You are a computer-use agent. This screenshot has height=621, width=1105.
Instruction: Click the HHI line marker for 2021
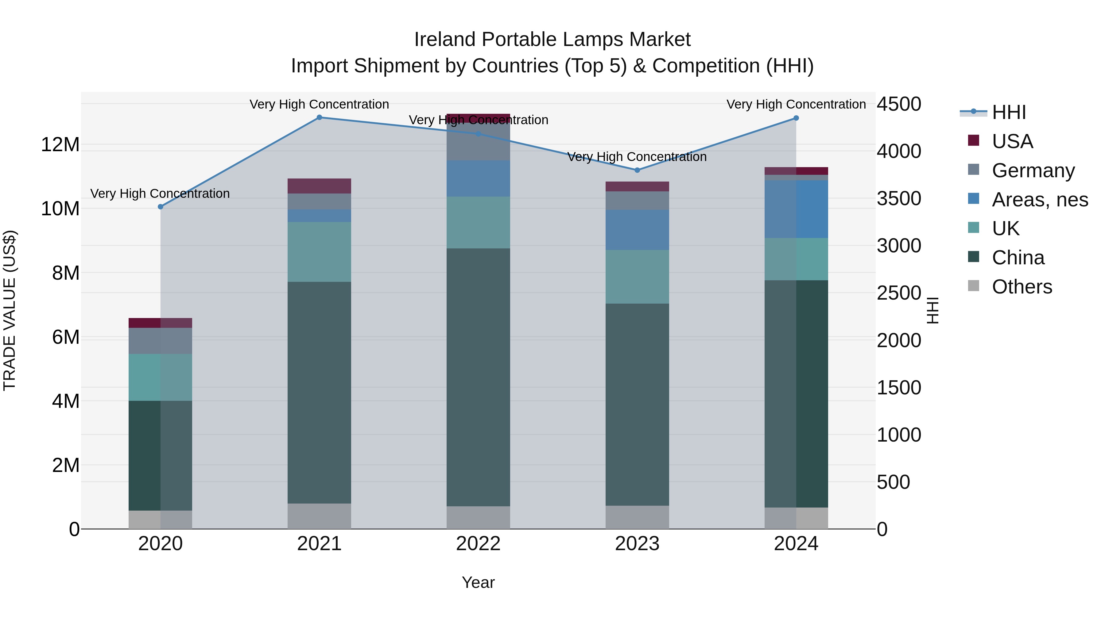tap(319, 117)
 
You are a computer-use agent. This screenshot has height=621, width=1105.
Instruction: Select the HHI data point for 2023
tap(637, 170)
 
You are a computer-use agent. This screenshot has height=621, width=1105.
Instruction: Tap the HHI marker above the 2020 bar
tap(161, 207)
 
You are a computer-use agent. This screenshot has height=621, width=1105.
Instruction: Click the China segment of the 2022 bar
tap(478, 377)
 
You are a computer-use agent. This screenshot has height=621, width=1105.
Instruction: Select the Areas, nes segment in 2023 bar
tap(637, 230)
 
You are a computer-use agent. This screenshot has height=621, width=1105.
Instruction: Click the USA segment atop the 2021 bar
tap(319, 186)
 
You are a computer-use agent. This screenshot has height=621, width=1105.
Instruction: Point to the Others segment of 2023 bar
tap(637, 517)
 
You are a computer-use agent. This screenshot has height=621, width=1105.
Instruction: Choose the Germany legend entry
tap(1033, 171)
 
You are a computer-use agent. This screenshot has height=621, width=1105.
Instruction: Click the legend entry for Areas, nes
tap(1039, 200)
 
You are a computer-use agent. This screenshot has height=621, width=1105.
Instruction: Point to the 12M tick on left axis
tap(60, 144)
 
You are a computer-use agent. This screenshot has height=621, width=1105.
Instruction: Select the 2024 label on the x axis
tap(796, 544)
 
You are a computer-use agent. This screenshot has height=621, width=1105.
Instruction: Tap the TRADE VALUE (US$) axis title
tap(10, 310)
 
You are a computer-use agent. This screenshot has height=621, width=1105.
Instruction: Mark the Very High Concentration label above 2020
tap(160, 194)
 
